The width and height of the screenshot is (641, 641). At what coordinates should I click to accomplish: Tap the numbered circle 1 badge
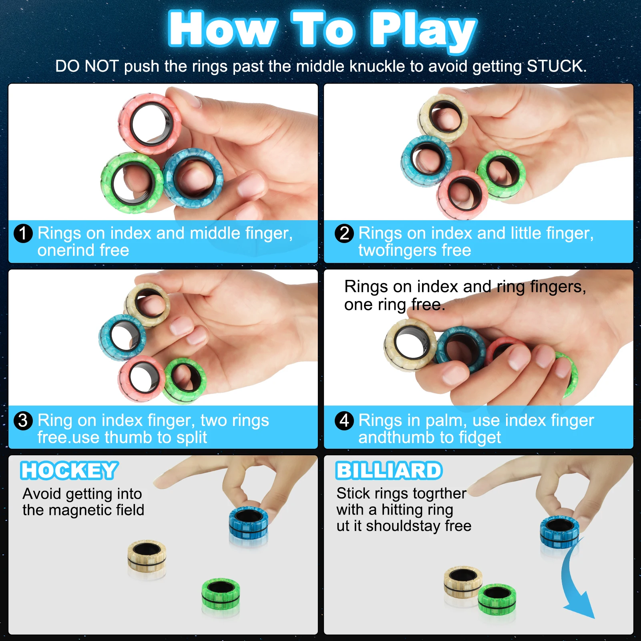(x=23, y=233)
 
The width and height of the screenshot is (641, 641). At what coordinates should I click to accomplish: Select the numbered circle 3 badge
(x=23, y=420)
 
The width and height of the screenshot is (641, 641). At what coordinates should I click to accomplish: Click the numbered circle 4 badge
(x=344, y=420)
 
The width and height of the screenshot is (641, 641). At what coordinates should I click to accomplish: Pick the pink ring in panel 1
(x=150, y=124)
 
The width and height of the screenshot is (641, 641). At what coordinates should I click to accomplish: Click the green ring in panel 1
(x=132, y=183)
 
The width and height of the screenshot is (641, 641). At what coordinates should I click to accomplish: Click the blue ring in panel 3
(x=123, y=337)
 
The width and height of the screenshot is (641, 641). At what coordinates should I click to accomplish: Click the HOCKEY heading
(x=69, y=470)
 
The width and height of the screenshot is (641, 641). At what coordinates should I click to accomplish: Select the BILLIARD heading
(x=389, y=470)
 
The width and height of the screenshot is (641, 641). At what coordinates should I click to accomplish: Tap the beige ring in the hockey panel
(x=147, y=557)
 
